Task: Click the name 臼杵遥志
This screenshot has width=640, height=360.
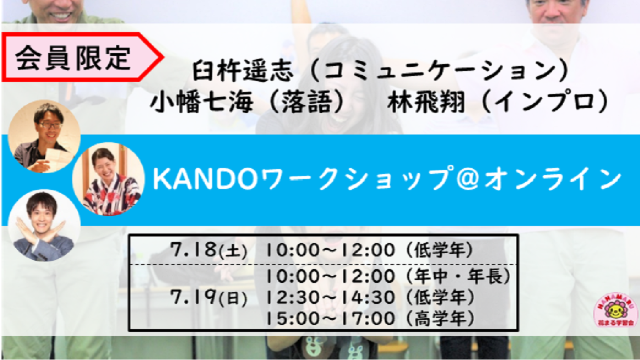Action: pyautogui.click(x=243, y=70)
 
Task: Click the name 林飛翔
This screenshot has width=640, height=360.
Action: pyautogui.click(x=426, y=102)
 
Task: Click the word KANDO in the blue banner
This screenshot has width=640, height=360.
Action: pyautogui.click(x=205, y=179)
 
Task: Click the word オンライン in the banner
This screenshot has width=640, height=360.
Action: pyautogui.click(x=553, y=179)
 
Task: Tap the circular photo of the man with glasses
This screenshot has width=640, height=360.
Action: pyautogui.click(x=44, y=136)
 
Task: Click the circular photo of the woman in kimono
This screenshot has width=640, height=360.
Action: pyautogui.click(x=108, y=179)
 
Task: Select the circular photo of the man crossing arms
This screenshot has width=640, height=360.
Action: pyautogui.click(x=44, y=225)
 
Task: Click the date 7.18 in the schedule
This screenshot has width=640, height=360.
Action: pyautogui.click(x=193, y=249)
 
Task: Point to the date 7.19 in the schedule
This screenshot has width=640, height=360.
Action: pyautogui.click(x=193, y=297)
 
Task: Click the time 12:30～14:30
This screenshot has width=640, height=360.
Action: pyautogui.click(x=330, y=297)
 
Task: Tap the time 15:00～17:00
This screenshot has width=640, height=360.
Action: pyautogui.click(x=330, y=318)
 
